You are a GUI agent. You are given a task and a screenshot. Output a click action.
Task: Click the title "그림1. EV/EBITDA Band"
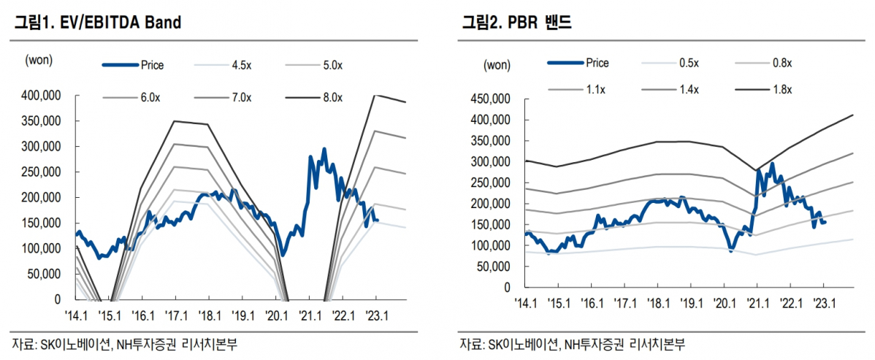pyautogui.click(x=97, y=23)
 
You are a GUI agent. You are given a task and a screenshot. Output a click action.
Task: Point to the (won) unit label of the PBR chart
pyautogui.click(x=497, y=66)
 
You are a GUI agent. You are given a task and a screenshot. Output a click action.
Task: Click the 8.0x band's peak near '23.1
pyautogui.click(x=375, y=95)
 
